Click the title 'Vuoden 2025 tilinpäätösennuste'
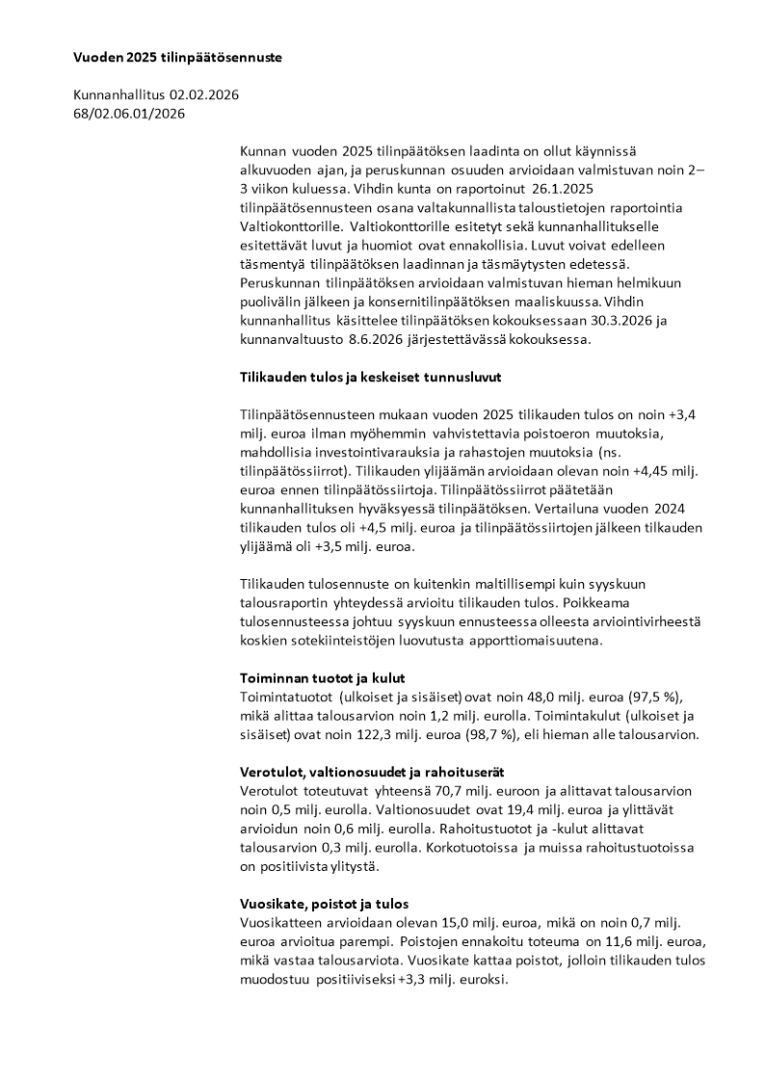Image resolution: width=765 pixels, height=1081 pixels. point(177,58)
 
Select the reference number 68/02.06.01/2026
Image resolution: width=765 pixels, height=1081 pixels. point(129,114)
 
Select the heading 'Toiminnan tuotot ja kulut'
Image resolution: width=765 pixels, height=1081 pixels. point(322,678)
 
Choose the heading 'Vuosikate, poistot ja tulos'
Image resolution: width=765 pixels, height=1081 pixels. point(324,904)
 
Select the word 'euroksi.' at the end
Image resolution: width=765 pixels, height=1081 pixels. point(482,980)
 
